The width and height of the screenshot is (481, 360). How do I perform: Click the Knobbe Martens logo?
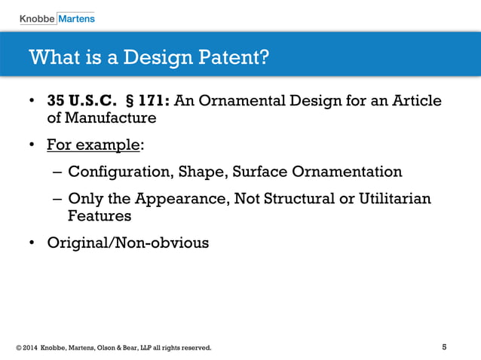(57, 17)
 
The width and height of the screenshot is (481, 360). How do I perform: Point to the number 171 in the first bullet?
(152, 102)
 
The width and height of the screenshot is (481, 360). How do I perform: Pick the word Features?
(100, 215)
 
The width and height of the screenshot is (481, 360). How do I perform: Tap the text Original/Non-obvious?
(127, 243)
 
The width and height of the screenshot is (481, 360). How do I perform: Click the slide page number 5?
(444, 347)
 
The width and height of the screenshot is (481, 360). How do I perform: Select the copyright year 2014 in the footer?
(29, 348)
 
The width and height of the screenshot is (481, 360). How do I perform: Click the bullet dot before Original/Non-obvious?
(32, 243)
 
